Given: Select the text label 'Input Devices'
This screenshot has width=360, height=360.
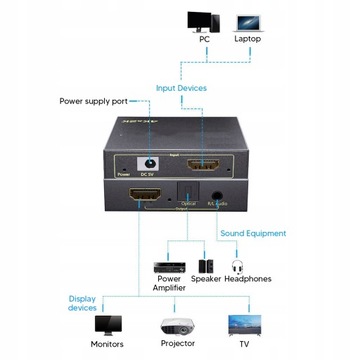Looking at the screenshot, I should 181,88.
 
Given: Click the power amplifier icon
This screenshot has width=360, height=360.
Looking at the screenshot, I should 166,267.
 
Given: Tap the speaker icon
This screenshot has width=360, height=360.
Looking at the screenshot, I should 205,267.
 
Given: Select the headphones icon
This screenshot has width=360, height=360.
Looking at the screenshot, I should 238,267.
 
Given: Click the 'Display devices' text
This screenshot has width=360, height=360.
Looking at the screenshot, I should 83,303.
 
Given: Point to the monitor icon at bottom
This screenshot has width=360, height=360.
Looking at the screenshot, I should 107,327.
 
